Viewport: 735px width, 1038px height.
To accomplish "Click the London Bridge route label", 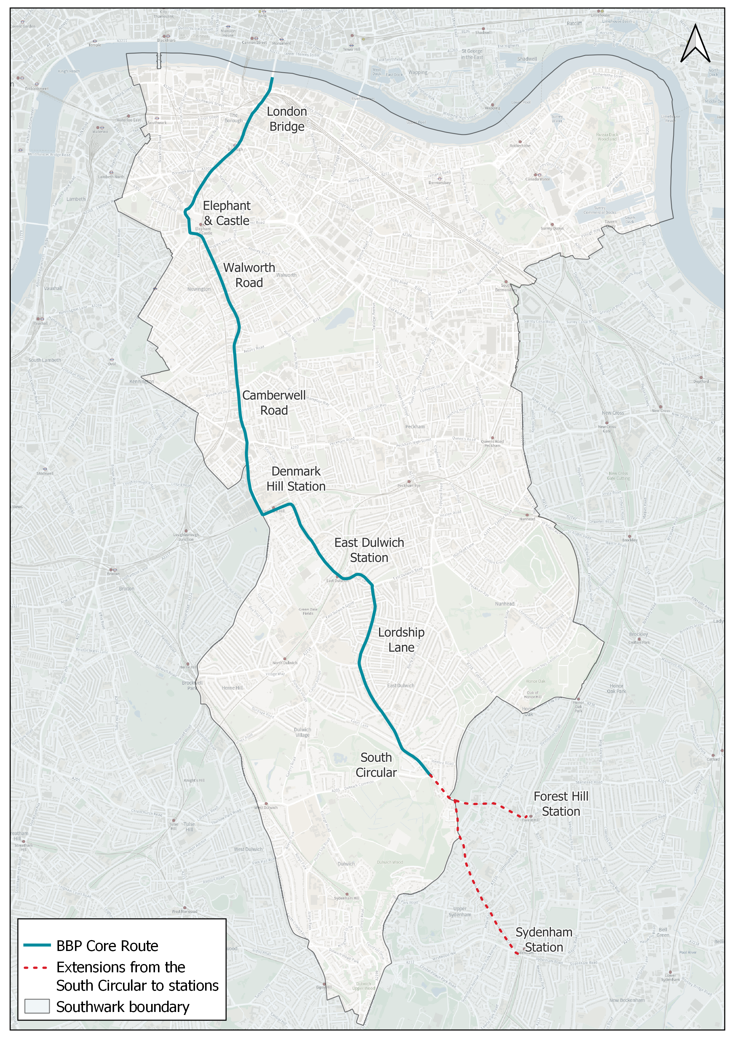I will point(287,119).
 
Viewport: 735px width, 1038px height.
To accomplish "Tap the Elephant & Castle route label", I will point(226,213).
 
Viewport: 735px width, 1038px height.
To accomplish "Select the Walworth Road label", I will point(249,275).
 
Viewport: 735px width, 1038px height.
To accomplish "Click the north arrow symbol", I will point(695,44).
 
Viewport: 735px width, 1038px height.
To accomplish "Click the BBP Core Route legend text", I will point(107,946).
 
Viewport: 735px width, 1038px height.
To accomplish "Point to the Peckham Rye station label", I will point(409,485).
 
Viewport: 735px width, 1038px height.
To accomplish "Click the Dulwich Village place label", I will point(302,732).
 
